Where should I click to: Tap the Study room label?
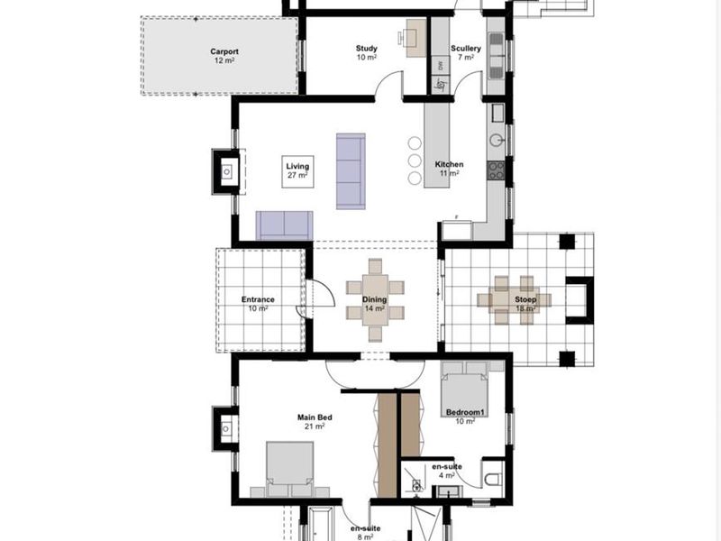pos(366,53)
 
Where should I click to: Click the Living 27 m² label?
pos(297,171)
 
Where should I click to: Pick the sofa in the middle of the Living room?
pos(351,171)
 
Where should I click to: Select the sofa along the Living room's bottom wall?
pos(284,225)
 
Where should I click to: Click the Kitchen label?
pos(449,169)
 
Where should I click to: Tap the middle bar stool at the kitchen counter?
pos(415,160)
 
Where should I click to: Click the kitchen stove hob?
pos(496,170)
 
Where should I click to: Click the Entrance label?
pos(258,304)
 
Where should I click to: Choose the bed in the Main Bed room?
pos(289,468)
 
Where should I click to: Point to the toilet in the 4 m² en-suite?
pos(491,478)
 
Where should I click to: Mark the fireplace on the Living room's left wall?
pos(225,170)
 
